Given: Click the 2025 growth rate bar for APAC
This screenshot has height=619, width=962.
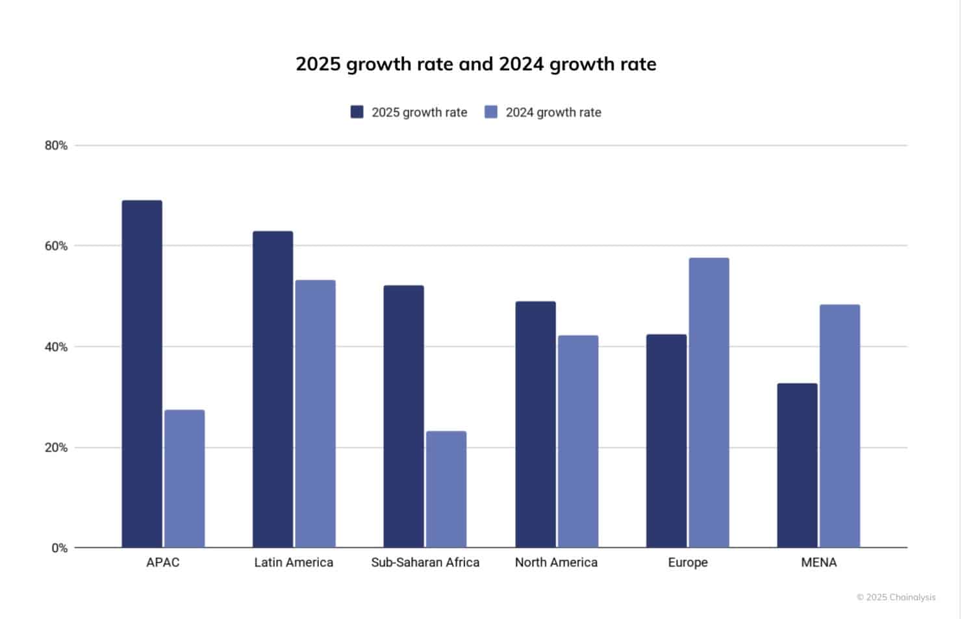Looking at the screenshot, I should point(142,374).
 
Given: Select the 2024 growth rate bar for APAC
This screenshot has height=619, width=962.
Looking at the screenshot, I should point(184,479).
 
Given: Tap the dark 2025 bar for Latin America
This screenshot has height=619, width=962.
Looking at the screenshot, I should point(273,389).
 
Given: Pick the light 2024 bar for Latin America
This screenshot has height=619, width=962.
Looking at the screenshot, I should point(316,414).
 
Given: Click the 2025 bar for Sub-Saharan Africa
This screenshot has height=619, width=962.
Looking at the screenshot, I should point(403,416).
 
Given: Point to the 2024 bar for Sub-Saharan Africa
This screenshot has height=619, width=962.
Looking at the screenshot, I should point(446,489).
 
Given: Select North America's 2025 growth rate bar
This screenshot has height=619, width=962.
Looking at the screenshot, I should point(535,424).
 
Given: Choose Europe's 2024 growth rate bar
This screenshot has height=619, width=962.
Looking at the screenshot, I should point(709,403).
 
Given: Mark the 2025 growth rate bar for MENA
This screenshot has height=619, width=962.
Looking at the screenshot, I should point(797,465).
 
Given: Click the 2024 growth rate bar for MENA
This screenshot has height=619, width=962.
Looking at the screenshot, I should point(840,426).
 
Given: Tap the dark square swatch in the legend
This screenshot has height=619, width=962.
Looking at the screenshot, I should point(357,112).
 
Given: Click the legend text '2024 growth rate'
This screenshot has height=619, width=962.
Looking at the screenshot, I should point(553,112).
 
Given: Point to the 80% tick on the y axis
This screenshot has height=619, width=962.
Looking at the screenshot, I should point(56,145).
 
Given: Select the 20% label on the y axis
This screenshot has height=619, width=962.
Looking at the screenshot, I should point(56,448).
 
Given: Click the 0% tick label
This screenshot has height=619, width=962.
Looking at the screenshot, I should point(59,548).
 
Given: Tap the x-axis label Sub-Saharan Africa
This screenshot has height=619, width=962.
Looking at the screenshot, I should point(425,562).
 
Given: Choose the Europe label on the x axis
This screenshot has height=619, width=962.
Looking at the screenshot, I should point(687,562).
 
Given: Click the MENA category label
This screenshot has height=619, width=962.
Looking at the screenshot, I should point(818,562).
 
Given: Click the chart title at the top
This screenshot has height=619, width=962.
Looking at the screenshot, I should point(475,64).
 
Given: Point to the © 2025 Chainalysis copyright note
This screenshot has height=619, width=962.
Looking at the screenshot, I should point(896,597).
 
